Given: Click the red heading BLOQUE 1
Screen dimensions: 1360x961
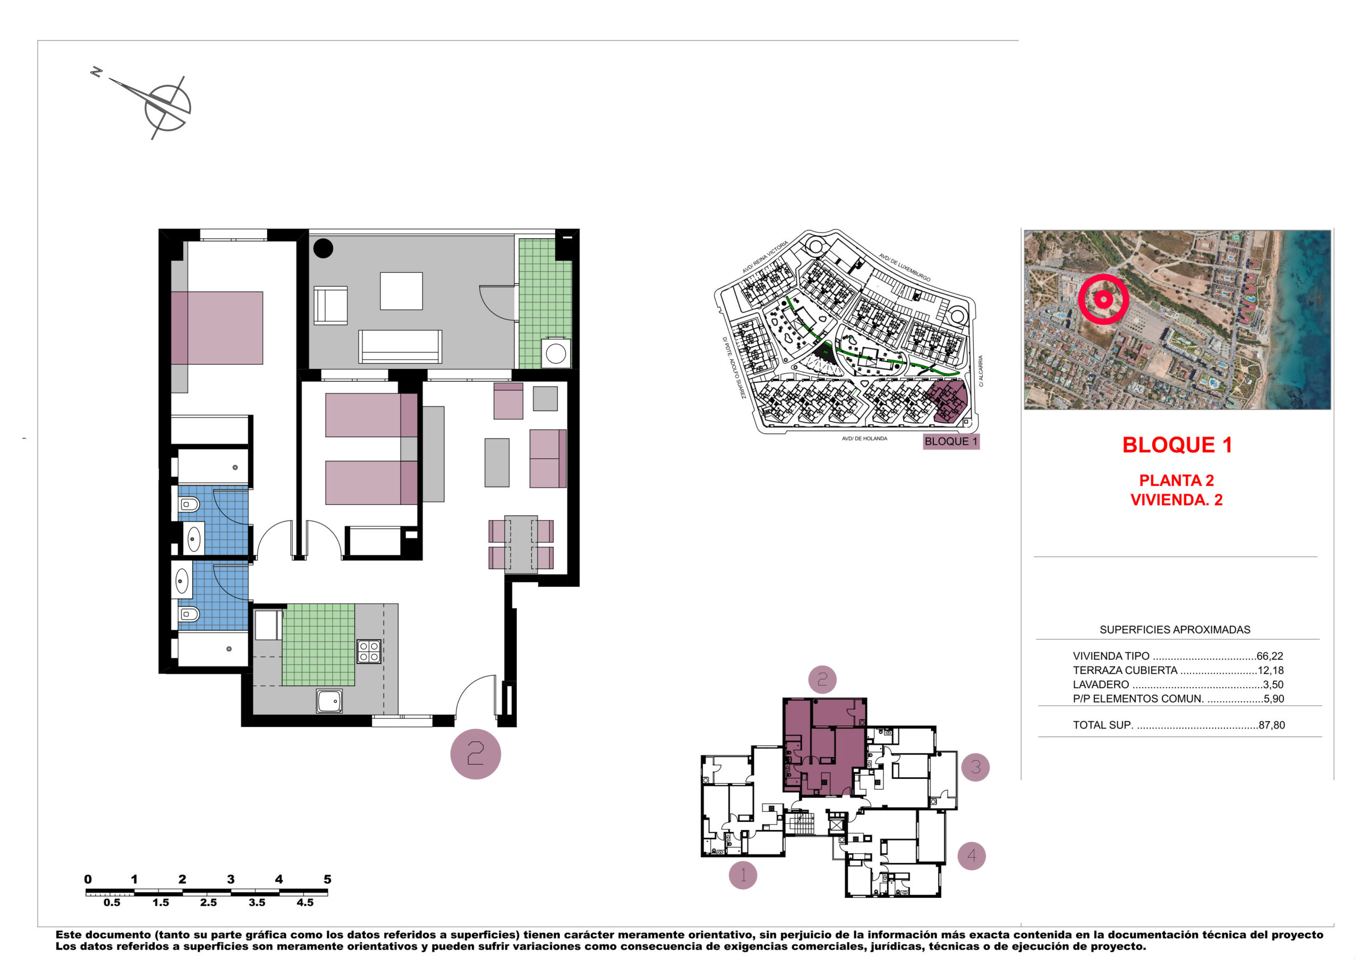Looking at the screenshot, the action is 1177,445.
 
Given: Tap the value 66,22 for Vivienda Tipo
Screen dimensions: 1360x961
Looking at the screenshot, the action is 1270,656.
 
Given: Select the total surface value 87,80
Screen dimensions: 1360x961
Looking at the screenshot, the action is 1272,725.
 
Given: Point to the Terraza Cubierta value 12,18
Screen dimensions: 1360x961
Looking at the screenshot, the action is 1271,670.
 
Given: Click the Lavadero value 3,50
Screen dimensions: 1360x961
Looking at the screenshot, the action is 1273,684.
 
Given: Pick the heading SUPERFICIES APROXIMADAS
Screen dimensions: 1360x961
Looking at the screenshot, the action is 1175,629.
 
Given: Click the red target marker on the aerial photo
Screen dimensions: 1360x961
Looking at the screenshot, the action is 1103,299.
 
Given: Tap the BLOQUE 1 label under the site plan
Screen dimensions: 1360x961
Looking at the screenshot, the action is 951,441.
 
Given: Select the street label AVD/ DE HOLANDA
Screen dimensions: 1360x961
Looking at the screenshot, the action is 864,439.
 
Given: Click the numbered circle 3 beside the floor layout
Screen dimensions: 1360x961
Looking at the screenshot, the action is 975,767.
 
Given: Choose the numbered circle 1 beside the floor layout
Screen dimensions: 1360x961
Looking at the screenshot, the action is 743,874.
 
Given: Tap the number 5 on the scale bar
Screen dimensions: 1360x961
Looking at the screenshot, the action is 327,879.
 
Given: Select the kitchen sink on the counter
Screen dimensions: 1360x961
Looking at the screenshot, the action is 329,701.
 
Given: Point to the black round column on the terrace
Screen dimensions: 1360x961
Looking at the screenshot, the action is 323,247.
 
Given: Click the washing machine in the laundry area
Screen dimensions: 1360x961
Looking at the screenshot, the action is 556,353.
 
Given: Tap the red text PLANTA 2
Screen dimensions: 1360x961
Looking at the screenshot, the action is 1176,480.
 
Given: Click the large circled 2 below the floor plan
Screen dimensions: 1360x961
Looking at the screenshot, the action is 475,754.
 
